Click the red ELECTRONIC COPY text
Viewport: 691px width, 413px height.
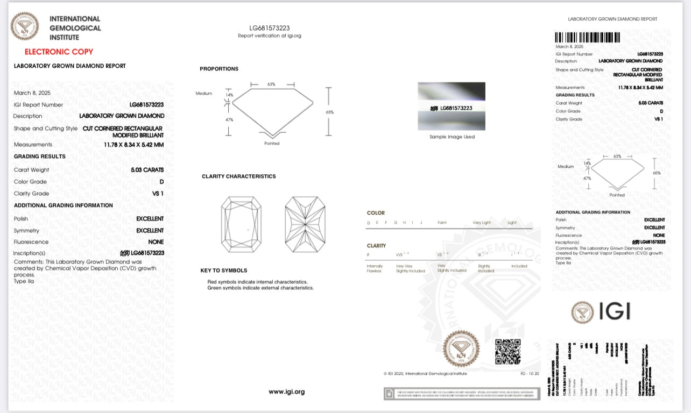pyautogui.click(x=59, y=52)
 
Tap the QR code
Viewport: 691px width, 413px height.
pyautogui.click(x=507, y=351)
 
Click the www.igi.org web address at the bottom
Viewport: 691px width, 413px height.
pyautogui.click(x=286, y=391)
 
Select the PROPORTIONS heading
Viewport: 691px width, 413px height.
pyautogui.click(x=219, y=69)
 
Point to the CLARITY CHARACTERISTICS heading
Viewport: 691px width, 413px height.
pyautogui.click(x=238, y=176)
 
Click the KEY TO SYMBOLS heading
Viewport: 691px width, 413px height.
pyautogui.click(x=224, y=270)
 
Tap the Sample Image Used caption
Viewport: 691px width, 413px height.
pyautogui.click(x=452, y=137)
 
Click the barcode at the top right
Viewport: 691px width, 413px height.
pyautogui.click(x=587, y=38)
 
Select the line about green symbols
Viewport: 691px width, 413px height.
pyautogui.click(x=260, y=288)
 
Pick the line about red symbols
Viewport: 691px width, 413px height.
pyautogui.click(x=257, y=282)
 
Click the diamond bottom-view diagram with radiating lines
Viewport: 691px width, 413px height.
pyautogui.click(x=305, y=224)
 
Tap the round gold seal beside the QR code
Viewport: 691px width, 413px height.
pyautogui.click(x=461, y=348)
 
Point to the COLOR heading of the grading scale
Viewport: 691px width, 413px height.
pyautogui.click(x=376, y=213)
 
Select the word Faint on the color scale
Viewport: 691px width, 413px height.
pyautogui.click(x=442, y=223)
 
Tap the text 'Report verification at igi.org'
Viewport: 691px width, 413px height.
pyautogui.click(x=270, y=35)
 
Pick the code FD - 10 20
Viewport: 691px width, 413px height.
pyautogui.click(x=530, y=373)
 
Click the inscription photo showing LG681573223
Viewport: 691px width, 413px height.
pyautogui.click(x=452, y=106)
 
